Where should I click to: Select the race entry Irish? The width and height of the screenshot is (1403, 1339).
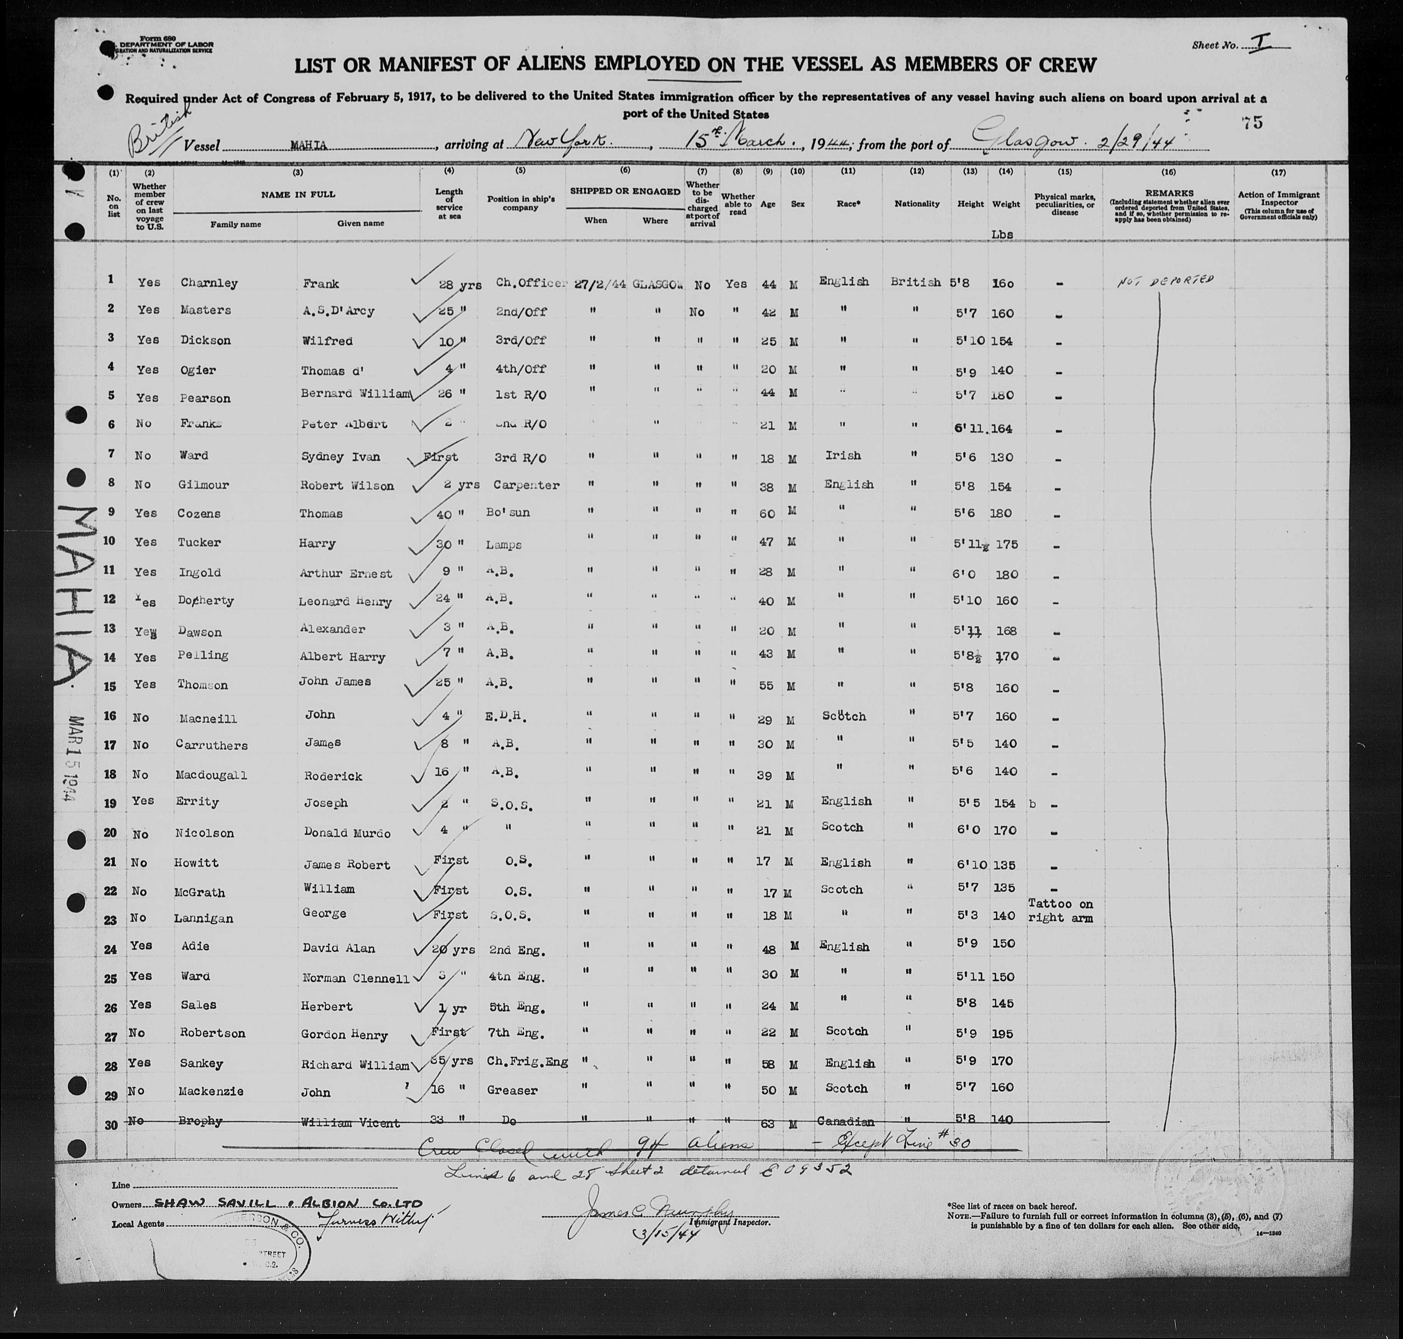[842, 455]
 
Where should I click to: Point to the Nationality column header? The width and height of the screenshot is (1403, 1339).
[917, 204]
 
